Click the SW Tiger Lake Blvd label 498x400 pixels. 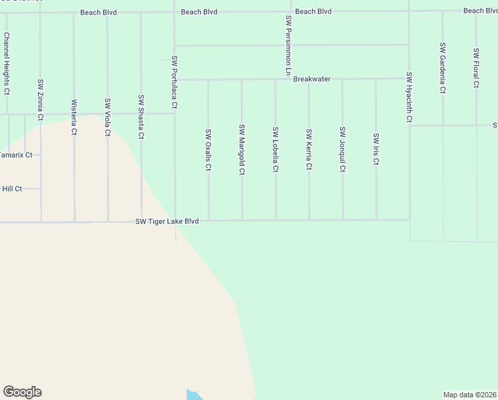coord(167,221)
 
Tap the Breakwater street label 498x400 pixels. coord(312,79)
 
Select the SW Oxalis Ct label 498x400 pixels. coord(208,150)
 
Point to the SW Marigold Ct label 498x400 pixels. coord(242,150)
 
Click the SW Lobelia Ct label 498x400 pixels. coord(275,150)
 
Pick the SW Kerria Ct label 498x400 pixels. coord(308,150)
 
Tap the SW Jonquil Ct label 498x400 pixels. coord(342,150)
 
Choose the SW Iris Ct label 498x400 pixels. coord(375,150)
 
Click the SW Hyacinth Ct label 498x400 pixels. coord(409,98)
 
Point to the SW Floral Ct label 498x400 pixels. coord(476,68)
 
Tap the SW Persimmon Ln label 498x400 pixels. coord(288,45)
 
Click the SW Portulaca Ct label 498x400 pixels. coord(174,82)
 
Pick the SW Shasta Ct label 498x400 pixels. coord(141,118)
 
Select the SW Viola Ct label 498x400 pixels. coord(107,117)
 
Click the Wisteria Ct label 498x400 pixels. coord(74,117)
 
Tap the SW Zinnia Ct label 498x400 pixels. coord(40,101)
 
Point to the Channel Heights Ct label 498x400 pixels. coord(7,63)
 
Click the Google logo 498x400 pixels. coord(22,392)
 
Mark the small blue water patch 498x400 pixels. coord(194,395)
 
